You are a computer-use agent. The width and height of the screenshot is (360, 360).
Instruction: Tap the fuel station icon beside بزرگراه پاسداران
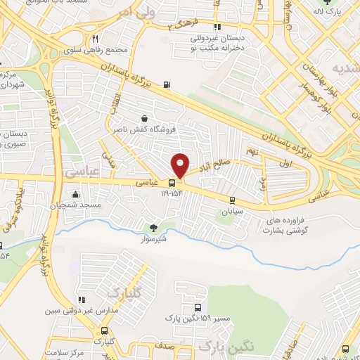point(166,86)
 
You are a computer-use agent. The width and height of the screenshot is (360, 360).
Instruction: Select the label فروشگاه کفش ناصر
point(144,129)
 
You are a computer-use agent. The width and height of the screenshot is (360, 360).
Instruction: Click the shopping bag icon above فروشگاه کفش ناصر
point(144,119)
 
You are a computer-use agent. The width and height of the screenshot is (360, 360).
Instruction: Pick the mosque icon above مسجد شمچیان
point(75,195)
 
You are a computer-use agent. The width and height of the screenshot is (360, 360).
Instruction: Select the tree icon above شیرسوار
point(153,227)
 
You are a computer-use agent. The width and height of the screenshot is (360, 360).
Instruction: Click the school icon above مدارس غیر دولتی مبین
point(82,300)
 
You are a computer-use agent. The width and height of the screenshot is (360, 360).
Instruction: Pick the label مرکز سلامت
point(63,352)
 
